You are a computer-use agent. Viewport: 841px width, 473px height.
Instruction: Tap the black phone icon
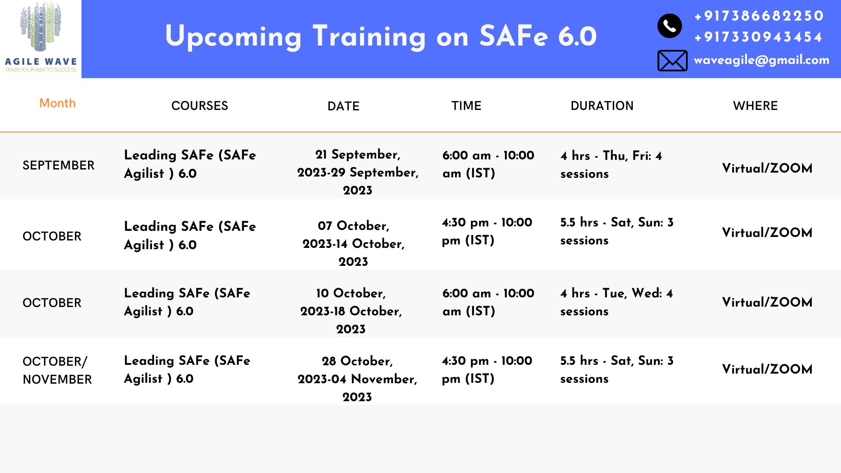point(669,26)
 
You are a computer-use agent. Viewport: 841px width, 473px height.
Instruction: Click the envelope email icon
point(672,60)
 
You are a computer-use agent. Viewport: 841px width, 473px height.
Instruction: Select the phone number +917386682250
point(759,16)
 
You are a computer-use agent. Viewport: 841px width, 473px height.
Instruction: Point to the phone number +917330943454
point(758,37)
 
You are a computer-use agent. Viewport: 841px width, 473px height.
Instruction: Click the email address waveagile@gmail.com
point(761,60)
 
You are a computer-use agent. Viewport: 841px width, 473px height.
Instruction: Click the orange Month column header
point(57,103)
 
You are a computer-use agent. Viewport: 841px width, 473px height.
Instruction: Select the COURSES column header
point(200,106)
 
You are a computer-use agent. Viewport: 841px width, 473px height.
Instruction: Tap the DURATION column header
point(602,106)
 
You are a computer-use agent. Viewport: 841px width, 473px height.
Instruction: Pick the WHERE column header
point(755,106)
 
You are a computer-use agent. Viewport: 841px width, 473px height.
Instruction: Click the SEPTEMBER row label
point(58,165)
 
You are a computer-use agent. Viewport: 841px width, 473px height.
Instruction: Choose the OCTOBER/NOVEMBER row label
point(57,371)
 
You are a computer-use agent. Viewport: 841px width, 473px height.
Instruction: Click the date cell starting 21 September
point(358,172)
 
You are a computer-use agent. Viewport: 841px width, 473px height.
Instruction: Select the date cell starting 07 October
point(353,244)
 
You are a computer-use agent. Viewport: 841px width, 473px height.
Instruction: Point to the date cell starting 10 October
point(351,311)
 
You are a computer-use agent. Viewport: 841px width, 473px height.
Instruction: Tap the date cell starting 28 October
point(357,379)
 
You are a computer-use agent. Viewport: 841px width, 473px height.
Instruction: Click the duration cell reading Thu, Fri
point(611,165)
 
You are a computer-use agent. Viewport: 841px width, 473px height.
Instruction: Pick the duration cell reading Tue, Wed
point(616,302)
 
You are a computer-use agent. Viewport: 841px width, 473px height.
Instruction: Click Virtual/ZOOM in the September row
point(767,168)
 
